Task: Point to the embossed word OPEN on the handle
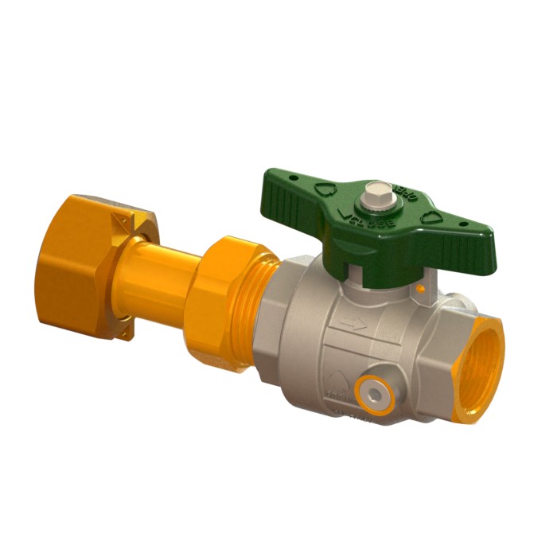click(407, 193)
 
